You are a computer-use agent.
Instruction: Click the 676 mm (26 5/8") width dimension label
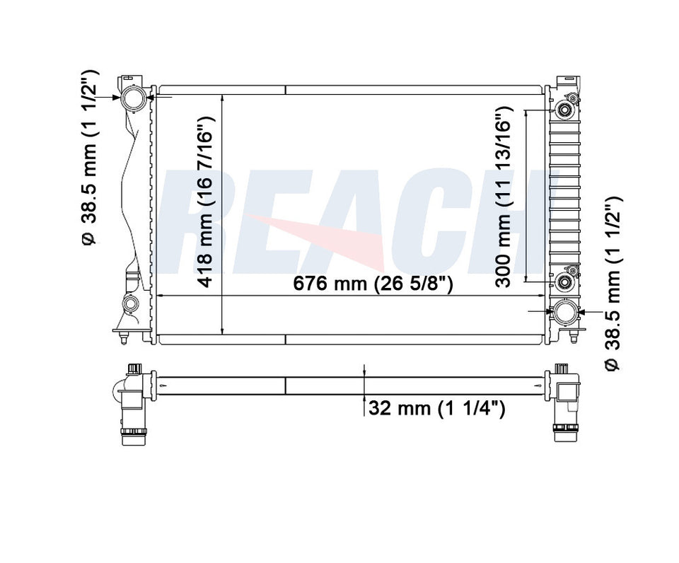coord(373,284)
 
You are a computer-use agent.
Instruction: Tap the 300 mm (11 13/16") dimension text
coord(503,197)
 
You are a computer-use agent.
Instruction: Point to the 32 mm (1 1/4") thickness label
coord(436,409)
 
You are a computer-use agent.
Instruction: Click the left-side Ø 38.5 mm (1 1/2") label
coord(91,157)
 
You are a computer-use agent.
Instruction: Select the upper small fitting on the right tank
coord(565,110)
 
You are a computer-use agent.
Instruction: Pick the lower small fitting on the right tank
coord(565,281)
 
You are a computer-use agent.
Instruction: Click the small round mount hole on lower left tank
coord(131,305)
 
